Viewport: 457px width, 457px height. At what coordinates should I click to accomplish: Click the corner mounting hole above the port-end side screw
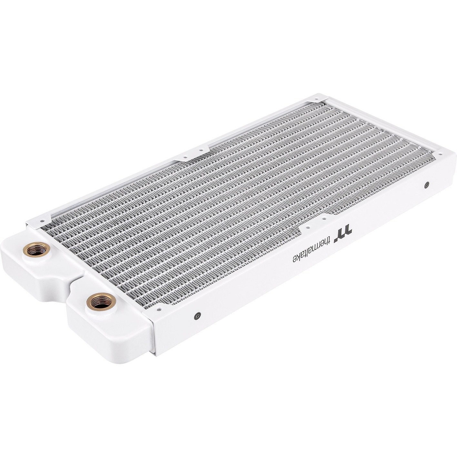click(x=159, y=309)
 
